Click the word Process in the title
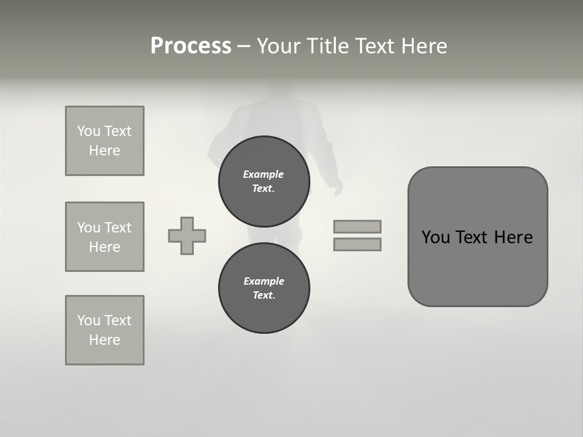tap(191, 46)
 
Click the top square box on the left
tap(104, 141)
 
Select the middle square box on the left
tap(104, 237)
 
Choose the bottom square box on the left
tap(104, 330)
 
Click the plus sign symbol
tap(187, 235)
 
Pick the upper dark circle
tap(264, 181)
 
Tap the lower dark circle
tap(264, 288)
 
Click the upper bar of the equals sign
tap(357, 226)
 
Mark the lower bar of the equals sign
tap(357, 244)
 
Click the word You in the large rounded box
tap(435, 237)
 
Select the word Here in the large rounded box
tap(513, 237)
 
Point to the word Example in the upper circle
tap(264, 174)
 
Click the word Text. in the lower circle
tap(264, 296)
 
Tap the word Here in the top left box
tap(104, 151)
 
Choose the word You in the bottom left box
tap(89, 320)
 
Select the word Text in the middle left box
tap(117, 228)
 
